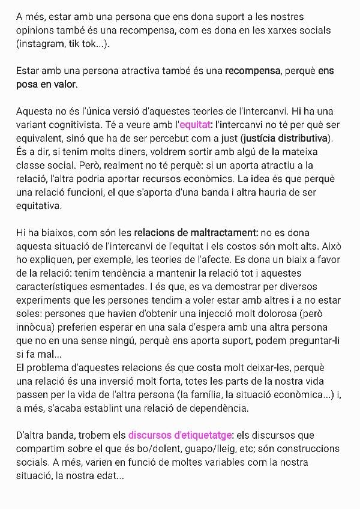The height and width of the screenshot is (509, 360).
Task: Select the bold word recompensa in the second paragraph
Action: click(x=253, y=71)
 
